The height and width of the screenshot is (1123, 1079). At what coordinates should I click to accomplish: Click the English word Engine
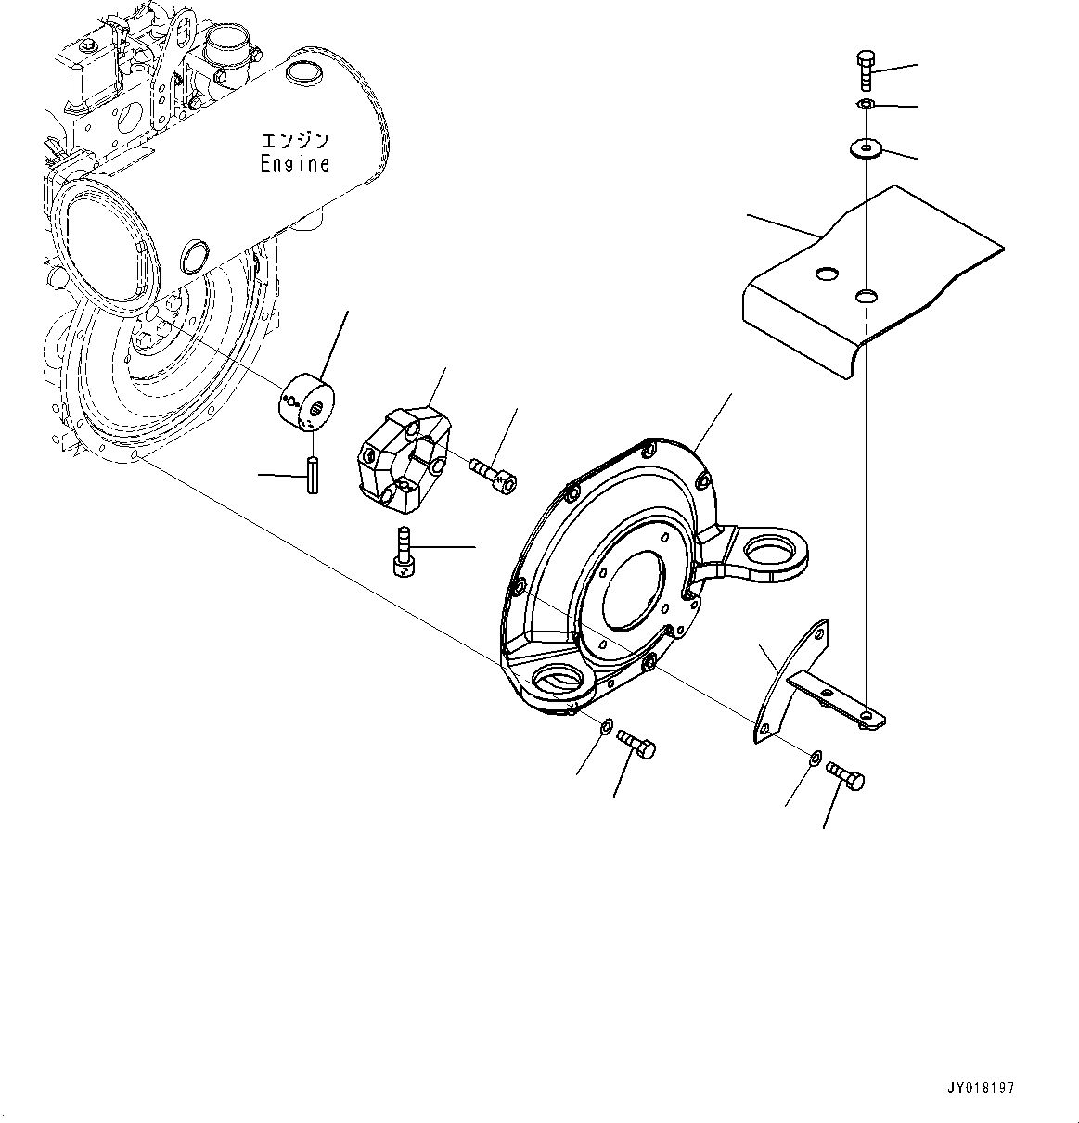294,164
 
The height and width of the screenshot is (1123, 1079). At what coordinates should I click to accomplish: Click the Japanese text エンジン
294,142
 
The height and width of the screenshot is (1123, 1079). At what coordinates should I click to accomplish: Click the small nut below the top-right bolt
863,103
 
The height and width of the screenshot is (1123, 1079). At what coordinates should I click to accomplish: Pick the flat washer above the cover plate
867,147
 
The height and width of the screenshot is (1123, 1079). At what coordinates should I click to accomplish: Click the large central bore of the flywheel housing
633,602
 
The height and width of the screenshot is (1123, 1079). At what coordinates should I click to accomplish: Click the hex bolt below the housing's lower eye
636,744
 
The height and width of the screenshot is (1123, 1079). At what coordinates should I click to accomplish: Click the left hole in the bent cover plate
824,274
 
